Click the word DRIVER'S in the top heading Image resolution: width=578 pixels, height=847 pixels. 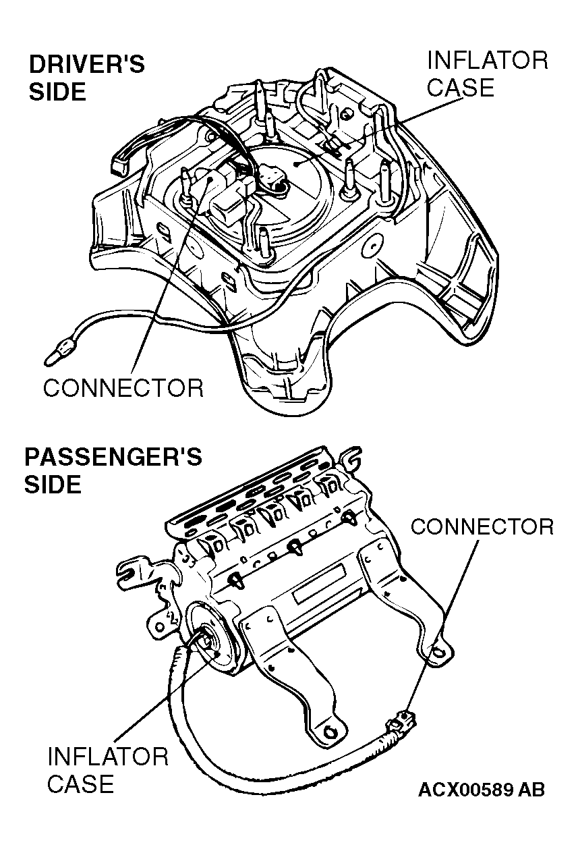coord(86,65)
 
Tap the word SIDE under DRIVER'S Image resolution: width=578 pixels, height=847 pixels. coord(57,92)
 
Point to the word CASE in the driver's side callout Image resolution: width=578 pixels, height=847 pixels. coord(461,88)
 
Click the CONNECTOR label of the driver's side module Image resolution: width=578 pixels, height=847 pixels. coord(123,387)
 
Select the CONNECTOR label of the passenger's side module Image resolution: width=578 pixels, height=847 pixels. coord(482,526)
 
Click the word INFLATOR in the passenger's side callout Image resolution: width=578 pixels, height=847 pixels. coord(107,756)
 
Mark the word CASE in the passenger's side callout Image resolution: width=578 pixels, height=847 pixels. coord(80,784)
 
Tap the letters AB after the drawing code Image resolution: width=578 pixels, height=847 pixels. coord(531,790)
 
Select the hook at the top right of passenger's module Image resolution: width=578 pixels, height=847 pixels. coord(353,459)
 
